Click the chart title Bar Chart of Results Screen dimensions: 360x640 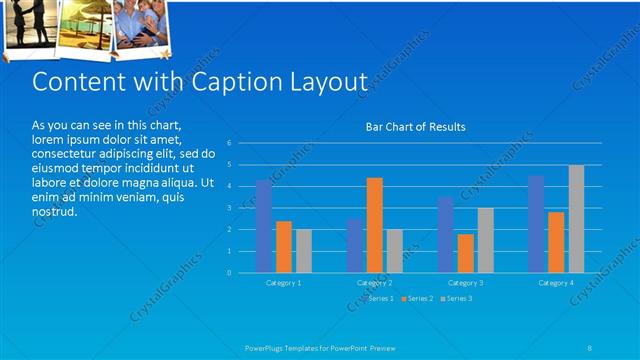[x=415, y=127]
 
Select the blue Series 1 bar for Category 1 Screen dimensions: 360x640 [x=264, y=226]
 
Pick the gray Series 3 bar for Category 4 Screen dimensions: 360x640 [x=576, y=218]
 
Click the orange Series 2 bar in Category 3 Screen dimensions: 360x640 [x=465, y=253]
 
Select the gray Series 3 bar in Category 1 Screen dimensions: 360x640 [x=304, y=251]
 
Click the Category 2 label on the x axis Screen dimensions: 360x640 [x=375, y=283]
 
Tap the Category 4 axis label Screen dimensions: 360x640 [x=556, y=283]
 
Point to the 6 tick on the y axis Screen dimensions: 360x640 [x=229, y=143]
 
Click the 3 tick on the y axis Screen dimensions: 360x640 [x=229, y=208]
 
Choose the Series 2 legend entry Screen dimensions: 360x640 [x=417, y=298]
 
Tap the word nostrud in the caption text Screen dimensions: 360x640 [x=54, y=212]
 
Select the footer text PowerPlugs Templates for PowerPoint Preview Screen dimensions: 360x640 [x=320, y=348]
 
